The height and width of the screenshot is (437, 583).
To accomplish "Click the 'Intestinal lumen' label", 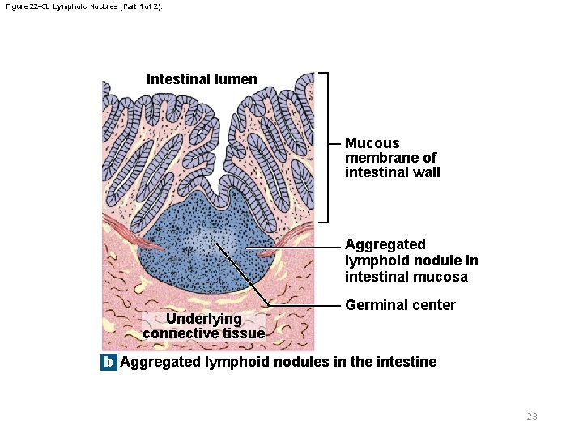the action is point(202,79).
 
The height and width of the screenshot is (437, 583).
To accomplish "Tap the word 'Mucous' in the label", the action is point(372,143).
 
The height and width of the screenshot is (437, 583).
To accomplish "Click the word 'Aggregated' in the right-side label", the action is point(385,244).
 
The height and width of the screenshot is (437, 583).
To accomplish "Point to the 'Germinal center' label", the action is point(400,305).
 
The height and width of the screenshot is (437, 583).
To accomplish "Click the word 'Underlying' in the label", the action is point(203,319).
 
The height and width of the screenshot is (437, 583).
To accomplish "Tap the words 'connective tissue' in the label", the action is point(203,333).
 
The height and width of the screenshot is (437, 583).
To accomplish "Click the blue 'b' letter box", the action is point(109,362).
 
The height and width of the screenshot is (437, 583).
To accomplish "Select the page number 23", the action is point(531,417).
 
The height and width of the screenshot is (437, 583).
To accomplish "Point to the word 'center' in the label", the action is point(433,305).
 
